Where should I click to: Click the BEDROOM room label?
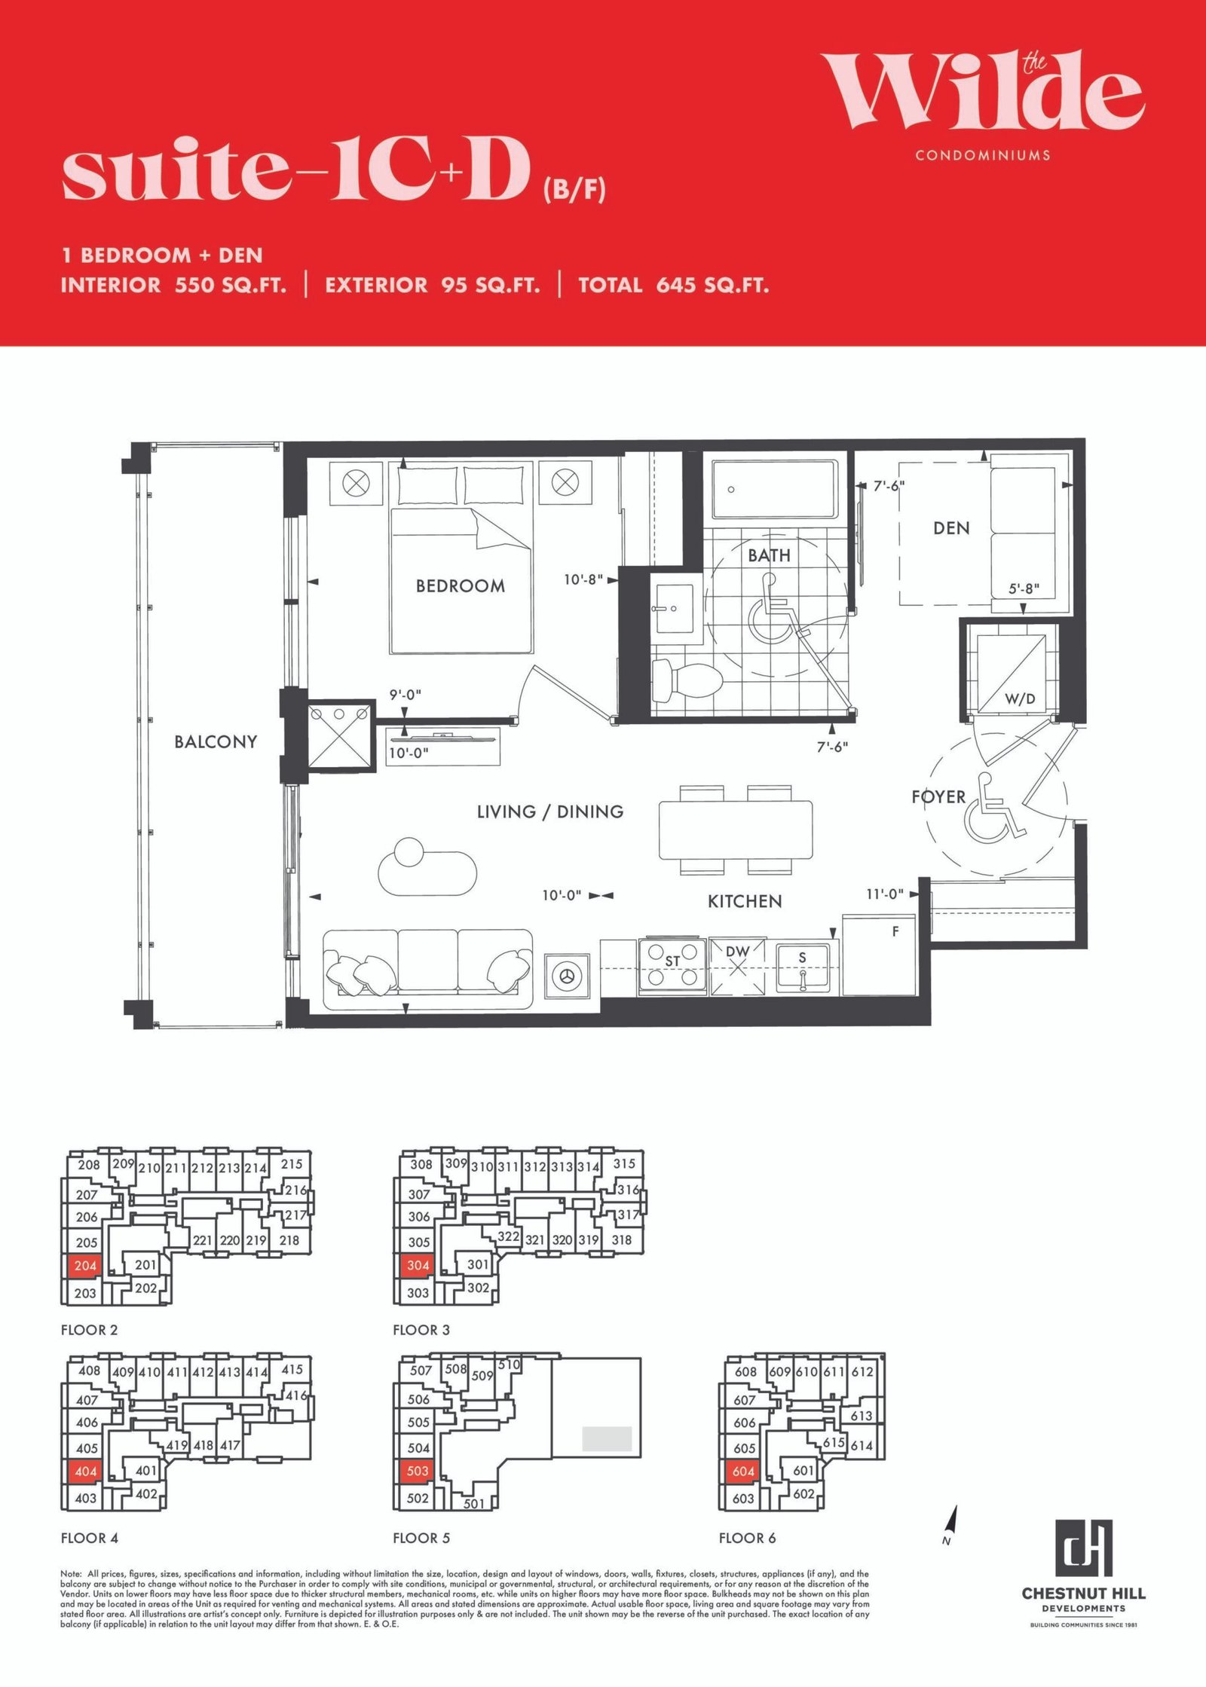[461, 585]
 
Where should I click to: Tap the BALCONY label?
[216, 741]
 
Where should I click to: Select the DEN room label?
[951, 528]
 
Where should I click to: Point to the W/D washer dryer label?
[1021, 699]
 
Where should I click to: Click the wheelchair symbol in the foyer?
[993, 807]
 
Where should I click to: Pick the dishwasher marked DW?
[737, 966]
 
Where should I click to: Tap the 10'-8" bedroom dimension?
[583, 579]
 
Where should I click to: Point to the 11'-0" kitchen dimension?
[885, 894]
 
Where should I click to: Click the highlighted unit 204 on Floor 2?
[85, 1265]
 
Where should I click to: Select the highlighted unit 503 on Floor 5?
[417, 1471]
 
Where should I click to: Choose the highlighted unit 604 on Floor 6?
[743, 1471]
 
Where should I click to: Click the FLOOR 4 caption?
[90, 1538]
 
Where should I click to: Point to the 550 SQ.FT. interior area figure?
[231, 286]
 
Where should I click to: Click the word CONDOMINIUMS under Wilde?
[983, 155]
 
